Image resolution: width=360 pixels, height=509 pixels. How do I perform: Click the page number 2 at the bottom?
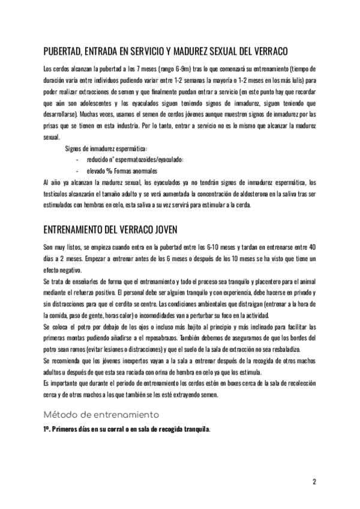tap(314, 482)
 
